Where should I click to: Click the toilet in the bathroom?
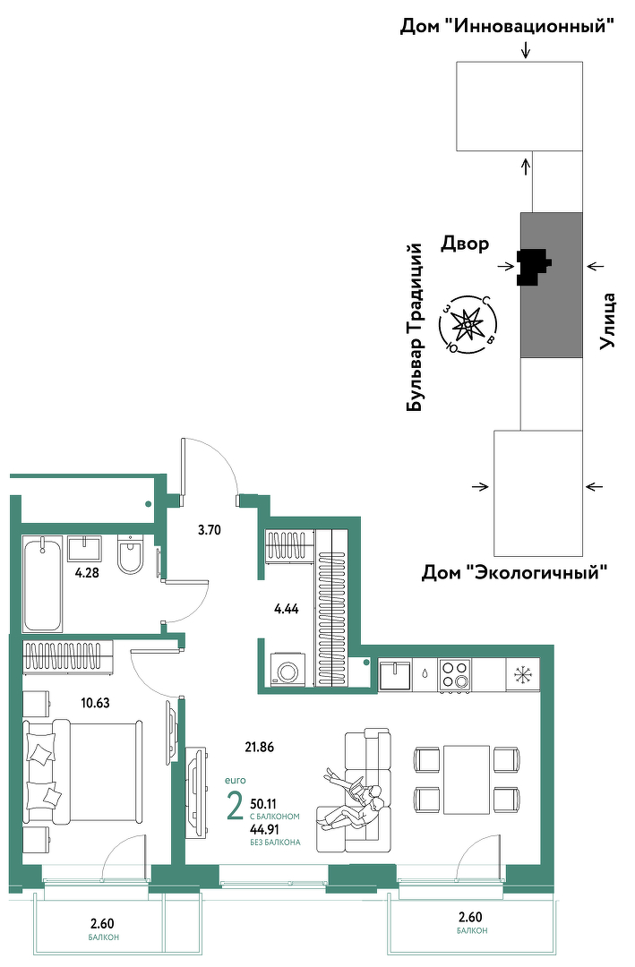[x=130, y=554]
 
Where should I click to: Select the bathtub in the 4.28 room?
[x=43, y=584]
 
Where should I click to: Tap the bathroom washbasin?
[x=84, y=548]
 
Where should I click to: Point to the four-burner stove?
[x=454, y=674]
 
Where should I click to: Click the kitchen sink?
[x=395, y=675]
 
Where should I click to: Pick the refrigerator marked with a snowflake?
[x=522, y=674]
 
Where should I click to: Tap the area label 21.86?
[x=259, y=747]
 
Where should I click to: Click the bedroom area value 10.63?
[x=95, y=702]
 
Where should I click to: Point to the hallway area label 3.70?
[x=210, y=529]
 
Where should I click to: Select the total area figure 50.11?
[x=263, y=803]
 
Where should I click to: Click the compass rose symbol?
[x=470, y=324]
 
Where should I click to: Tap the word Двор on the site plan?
[x=465, y=244]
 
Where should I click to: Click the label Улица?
[x=608, y=321]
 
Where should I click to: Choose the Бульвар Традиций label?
[x=416, y=327]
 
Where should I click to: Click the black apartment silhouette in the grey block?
[x=533, y=267]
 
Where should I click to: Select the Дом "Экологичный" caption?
[x=514, y=572]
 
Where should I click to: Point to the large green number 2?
[x=236, y=807]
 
